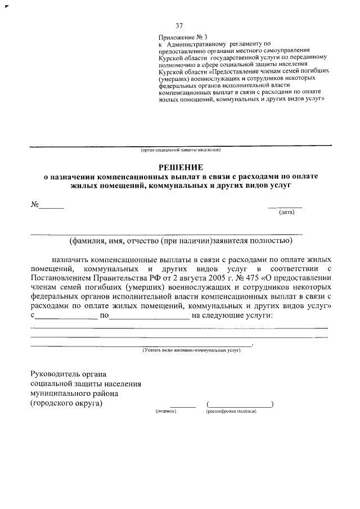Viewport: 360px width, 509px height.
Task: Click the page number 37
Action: click(x=179, y=26)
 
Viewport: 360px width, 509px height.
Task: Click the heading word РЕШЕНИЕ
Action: click(x=180, y=166)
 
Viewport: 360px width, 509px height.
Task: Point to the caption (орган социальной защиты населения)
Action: click(x=181, y=150)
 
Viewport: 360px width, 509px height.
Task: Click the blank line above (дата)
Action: click(x=285, y=207)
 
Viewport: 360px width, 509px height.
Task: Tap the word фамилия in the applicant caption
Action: click(x=90, y=242)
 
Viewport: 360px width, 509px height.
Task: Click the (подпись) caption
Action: click(x=166, y=411)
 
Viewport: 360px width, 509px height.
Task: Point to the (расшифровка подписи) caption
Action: click(x=231, y=411)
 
